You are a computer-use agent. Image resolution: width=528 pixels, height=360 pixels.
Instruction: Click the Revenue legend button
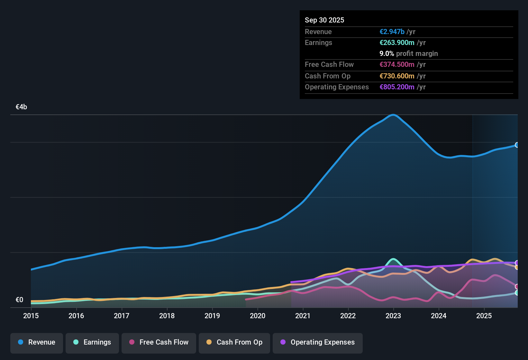[x=37, y=342]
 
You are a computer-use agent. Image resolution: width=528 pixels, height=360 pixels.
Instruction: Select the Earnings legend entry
[x=92, y=342]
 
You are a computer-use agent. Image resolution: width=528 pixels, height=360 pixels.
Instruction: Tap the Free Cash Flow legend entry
[x=159, y=342]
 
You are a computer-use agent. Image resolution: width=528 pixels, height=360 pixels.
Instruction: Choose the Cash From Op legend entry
[x=234, y=342]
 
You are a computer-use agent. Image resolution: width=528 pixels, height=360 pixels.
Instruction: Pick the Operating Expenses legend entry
[x=318, y=342]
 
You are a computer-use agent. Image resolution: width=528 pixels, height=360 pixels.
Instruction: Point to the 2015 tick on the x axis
[x=31, y=316]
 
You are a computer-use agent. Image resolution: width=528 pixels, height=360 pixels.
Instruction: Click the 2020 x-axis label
[x=258, y=316]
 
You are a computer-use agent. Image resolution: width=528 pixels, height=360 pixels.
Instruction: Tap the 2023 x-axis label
[x=393, y=316]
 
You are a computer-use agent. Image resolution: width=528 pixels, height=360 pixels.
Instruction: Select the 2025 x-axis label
[x=484, y=316]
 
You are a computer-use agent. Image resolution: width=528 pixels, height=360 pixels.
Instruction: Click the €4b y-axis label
[x=21, y=107]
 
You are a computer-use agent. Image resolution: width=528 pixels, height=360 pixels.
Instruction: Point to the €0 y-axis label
[x=19, y=300]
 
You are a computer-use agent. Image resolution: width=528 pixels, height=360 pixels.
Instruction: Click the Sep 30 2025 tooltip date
[x=324, y=20]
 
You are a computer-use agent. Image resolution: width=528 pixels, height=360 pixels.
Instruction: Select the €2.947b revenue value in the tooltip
[x=392, y=32]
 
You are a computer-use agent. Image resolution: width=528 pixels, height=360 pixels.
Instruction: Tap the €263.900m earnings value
[x=397, y=43]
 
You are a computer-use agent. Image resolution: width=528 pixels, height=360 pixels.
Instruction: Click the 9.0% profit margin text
[x=409, y=54]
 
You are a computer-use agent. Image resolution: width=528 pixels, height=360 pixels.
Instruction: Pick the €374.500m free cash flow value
[x=397, y=65]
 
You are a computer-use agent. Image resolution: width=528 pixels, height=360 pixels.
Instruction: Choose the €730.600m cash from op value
[x=397, y=76]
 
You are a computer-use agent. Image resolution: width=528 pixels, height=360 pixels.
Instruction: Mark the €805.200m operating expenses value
[x=397, y=87]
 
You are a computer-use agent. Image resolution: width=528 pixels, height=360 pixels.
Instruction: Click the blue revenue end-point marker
[x=517, y=145]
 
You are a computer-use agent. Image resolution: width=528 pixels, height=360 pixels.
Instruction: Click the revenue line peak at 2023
[x=393, y=115]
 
